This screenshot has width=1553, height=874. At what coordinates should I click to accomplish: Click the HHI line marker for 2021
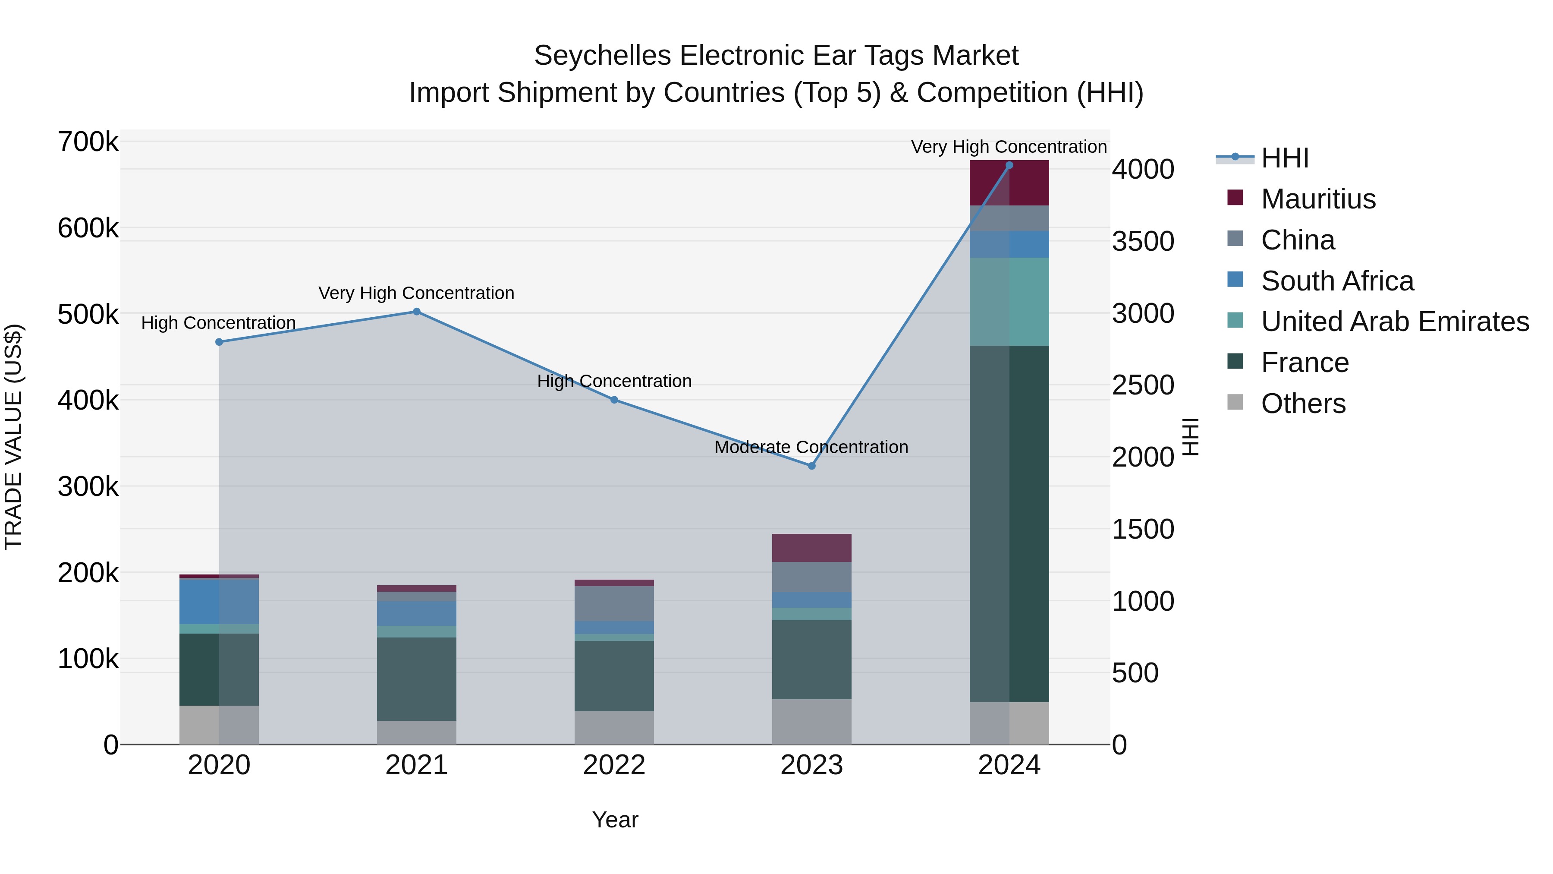(417, 312)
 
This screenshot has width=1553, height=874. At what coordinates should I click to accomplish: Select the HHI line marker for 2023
(811, 466)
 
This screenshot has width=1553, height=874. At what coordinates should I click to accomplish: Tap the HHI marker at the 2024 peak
(1009, 165)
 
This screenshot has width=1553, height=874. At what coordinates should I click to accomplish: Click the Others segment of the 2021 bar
(417, 732)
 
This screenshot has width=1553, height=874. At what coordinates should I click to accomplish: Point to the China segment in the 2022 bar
(614, 604)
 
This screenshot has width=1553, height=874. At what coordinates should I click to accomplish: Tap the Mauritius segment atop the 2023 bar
(811, 548)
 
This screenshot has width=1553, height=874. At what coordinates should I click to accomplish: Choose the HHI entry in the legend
(1284, 158)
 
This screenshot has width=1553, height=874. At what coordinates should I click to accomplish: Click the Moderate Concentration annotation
(811, 447)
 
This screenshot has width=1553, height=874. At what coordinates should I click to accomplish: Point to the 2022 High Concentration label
(614, 381)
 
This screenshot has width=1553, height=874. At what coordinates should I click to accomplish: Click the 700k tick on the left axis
(88, 142)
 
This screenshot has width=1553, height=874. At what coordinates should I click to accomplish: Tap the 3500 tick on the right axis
(1143, 241)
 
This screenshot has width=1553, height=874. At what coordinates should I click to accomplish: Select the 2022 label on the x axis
(614, 765)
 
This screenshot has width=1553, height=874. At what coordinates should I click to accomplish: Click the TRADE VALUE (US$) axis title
(13, 437)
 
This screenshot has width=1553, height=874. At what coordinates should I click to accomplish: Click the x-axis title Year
(615, 820)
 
